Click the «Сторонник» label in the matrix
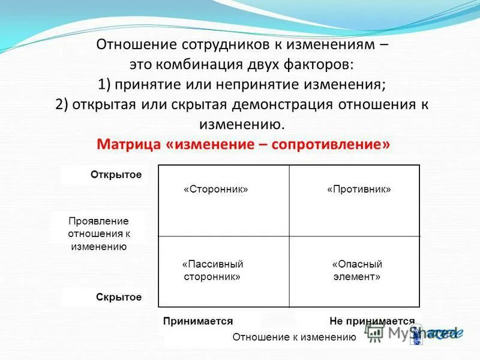pos(215,189)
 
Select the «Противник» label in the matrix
pos(359,189)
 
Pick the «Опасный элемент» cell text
pos(356,271)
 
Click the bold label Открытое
pos(116,175)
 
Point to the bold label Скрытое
pos(118,297)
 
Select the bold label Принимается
pos(197,322)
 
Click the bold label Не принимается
pos(372,322)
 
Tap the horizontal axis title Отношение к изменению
pos(294,337)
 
